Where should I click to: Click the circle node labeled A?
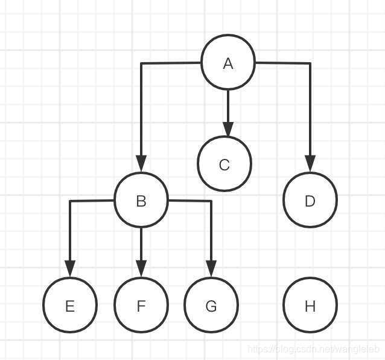click(227, 63)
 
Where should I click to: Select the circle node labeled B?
click(141, 201)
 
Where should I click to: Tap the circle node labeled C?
click(224, 164)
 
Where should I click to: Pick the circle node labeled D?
click(310, 201)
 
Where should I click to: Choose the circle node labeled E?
click(70, 306)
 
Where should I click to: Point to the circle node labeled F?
click(141, 306)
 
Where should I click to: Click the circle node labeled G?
click(211, 306)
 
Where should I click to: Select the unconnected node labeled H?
click(310, 306)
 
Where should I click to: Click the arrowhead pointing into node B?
click(141, 164)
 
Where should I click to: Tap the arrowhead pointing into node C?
click(227, 129)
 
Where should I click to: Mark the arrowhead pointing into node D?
click(310, 164)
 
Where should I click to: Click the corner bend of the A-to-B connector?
click(141, 63)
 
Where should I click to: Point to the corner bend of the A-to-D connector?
click(310, 63)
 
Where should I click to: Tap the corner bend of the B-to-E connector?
click(70, 201)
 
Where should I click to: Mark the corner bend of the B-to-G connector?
click(211, 201)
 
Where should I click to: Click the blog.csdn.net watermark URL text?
click(314, 349)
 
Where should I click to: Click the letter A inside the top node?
click(227, 63)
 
